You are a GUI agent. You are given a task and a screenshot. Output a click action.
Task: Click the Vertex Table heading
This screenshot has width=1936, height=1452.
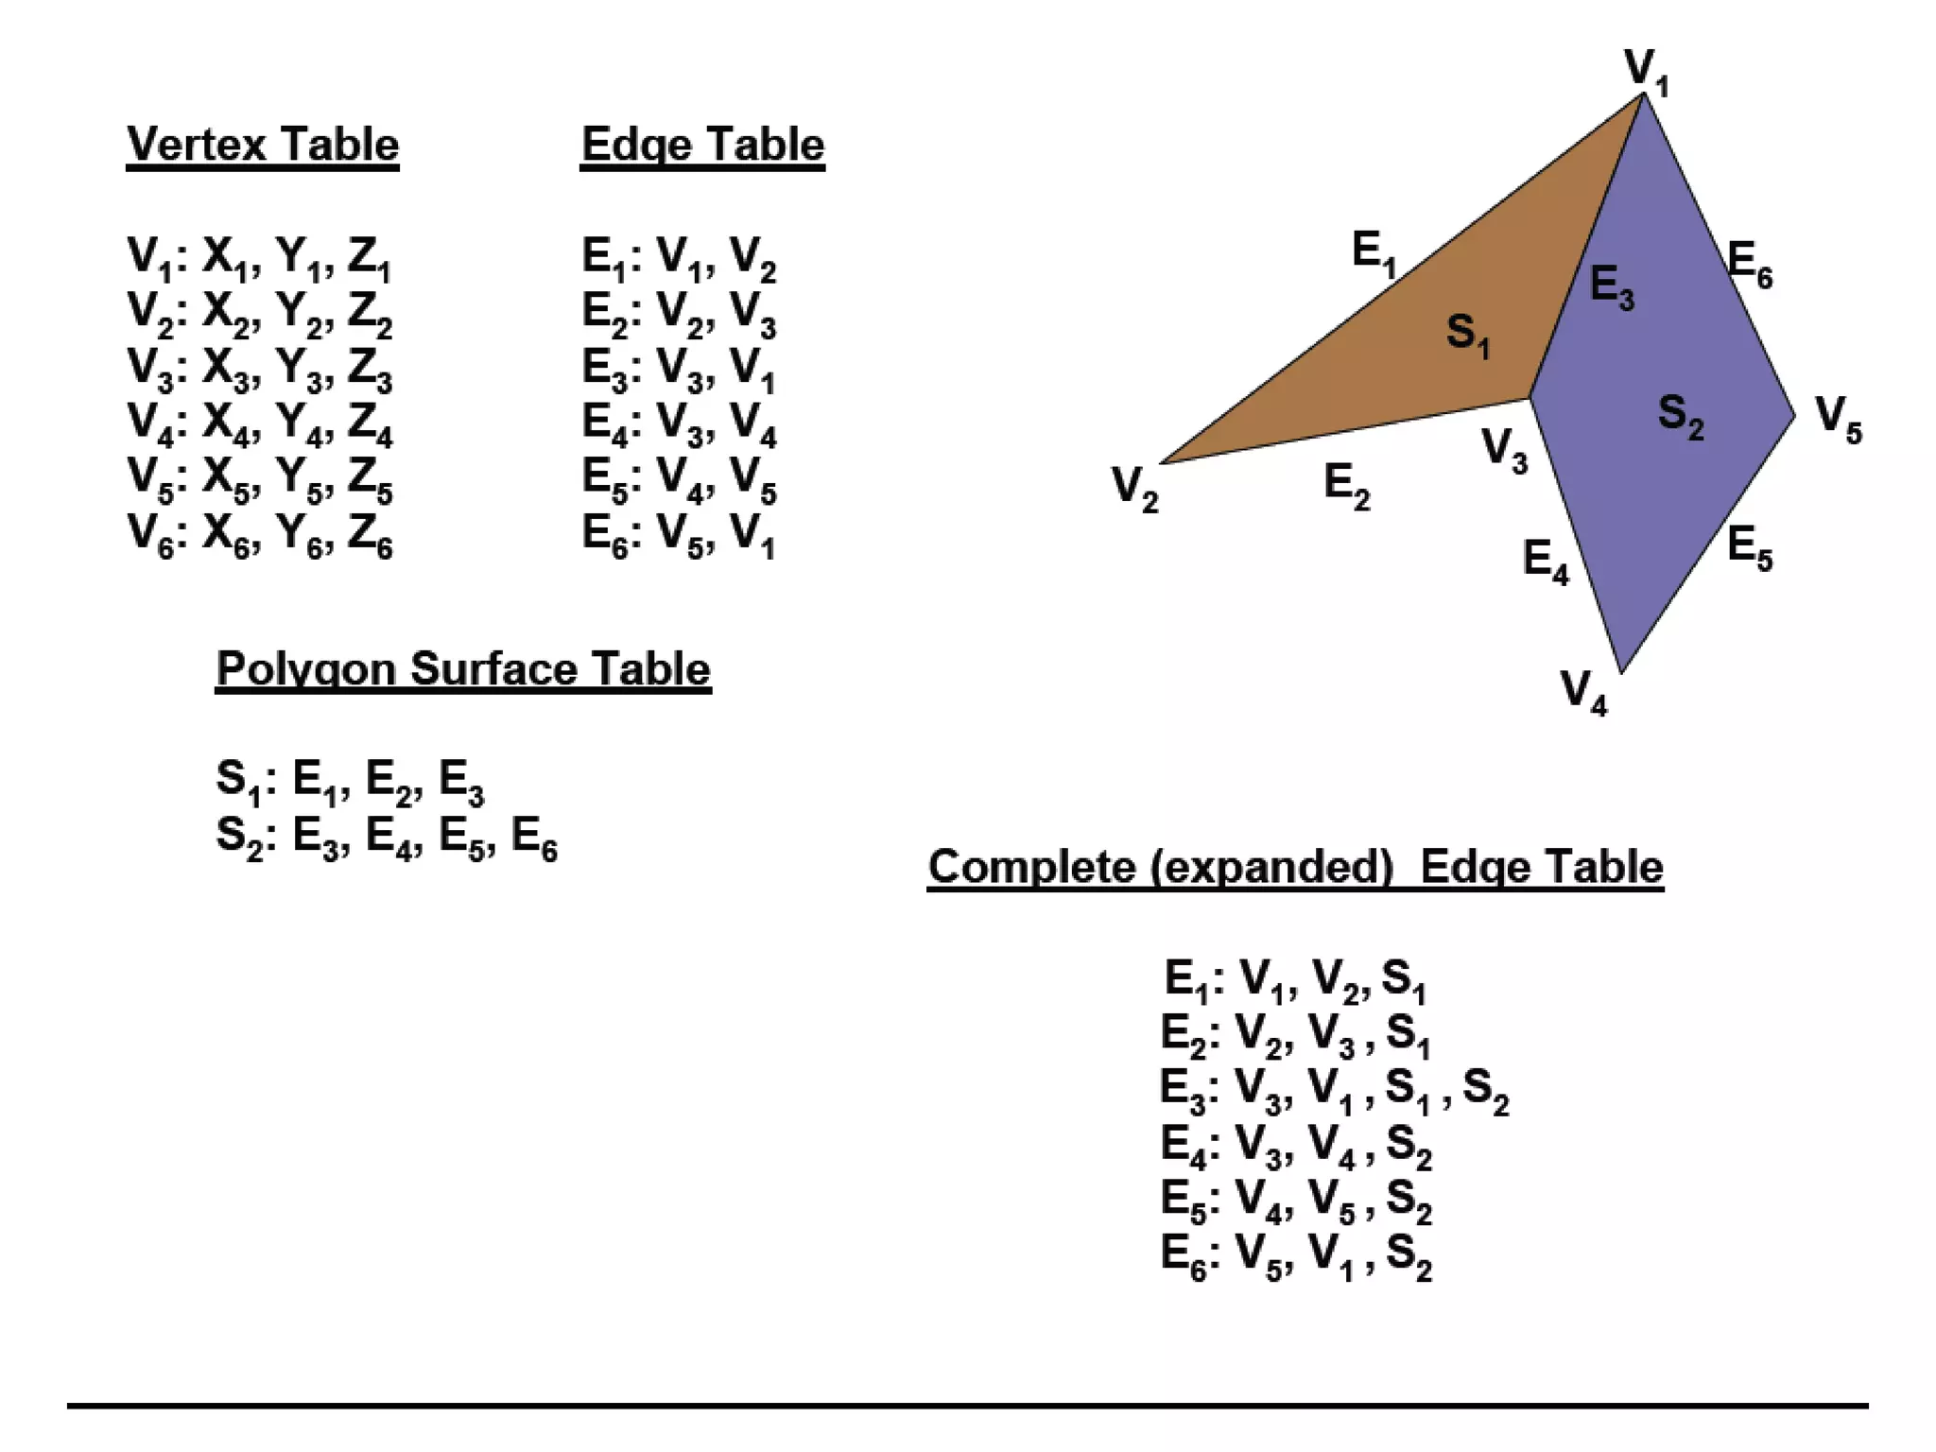click(263, 146)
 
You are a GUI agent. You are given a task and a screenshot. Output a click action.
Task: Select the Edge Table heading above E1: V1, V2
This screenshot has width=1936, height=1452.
click(702, 146)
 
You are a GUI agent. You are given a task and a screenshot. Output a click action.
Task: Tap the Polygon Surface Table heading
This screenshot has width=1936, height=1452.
click(463, 669)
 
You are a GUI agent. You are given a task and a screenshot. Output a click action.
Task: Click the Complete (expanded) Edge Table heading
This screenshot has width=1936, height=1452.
click(1295, 867)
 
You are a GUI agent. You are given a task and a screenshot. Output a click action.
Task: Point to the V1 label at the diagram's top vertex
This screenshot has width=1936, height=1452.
click(1646, 72)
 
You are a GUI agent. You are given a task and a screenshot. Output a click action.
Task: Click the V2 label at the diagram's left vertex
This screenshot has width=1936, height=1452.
click(1134, 488)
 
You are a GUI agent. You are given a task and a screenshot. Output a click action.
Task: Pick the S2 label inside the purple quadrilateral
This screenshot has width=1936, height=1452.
click(1681, 416)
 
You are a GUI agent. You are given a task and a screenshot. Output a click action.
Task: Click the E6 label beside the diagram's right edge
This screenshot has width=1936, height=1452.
click(1750, 263)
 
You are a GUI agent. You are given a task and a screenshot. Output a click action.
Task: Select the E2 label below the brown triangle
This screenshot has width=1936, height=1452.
click(1346, 486)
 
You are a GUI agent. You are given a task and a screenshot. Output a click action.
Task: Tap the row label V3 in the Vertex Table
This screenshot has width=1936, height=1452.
click(151, 369)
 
